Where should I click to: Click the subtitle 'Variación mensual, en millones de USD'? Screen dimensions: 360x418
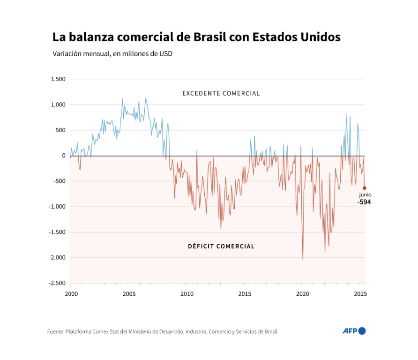click(112, 54)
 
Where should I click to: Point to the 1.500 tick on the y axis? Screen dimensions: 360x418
click(58, 79)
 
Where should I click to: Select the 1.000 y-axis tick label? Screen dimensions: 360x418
click(58, 105)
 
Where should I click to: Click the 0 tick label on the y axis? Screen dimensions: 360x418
click(64, 156)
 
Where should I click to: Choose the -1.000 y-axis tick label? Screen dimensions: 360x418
click(57, 207)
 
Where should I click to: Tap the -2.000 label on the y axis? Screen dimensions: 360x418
click(57, 258)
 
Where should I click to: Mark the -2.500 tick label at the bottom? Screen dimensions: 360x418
click(57, 283)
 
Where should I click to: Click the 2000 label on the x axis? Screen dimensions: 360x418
click(71, 294)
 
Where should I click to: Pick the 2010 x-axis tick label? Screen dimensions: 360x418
click(187, 294)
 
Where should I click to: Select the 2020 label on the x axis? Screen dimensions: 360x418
click(302, 294)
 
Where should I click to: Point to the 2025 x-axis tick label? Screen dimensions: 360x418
click(360, 294)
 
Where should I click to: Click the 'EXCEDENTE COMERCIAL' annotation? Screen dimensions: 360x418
click(221, 93)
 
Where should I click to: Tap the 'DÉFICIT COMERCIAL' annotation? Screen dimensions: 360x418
click(221, 246)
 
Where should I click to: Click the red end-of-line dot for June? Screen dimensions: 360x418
click(365, 188)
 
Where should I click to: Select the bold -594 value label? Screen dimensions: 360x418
click(364, 202)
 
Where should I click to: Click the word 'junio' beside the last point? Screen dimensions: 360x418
click(366, 195)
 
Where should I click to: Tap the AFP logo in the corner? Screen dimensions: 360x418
click(354, 331)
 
